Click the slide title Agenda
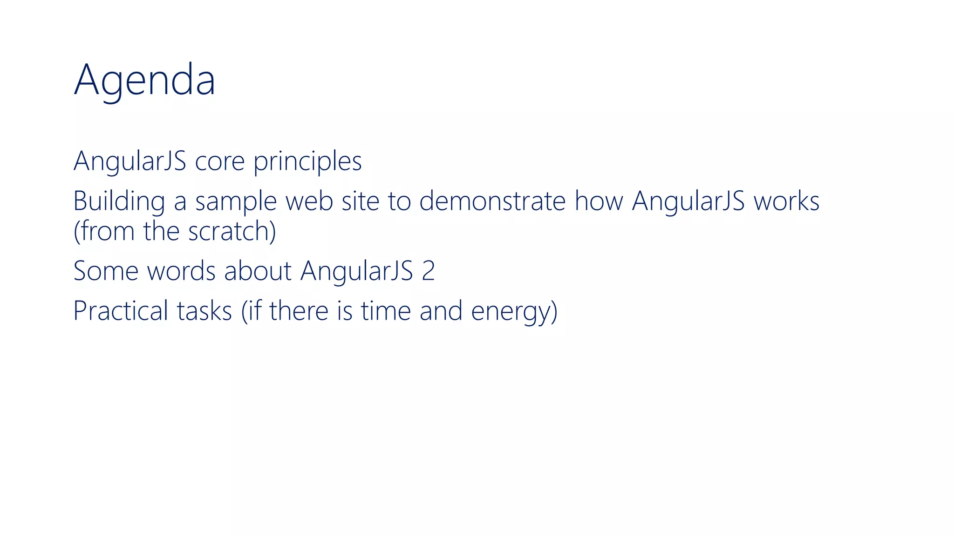144,80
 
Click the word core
219,161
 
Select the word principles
307,162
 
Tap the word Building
119,201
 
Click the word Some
106,271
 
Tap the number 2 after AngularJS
428,271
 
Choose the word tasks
204,311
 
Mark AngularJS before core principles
130,162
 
